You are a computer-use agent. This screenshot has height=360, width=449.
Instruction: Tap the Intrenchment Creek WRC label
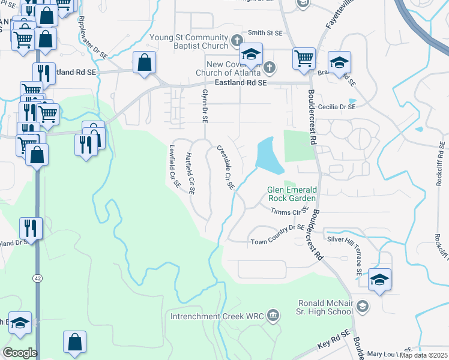pyautogui.click(x=217, y=316)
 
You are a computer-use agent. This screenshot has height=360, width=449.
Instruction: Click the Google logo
pyautogui.click(x=20, y=352)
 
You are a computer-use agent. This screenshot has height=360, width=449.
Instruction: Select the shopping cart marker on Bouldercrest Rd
pyautogui.click(x=304, y=59)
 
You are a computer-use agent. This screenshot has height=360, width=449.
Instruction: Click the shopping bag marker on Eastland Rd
pyautogui.click(x=145, y=62)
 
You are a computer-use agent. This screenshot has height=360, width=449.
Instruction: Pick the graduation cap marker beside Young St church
pyautogui.click(x=252, y=55)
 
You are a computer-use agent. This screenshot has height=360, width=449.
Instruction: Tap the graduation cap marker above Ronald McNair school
pyautogui.click(x=379, y=280)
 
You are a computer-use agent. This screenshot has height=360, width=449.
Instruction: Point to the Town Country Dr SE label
pyautogui.click(x=278, y=235)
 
